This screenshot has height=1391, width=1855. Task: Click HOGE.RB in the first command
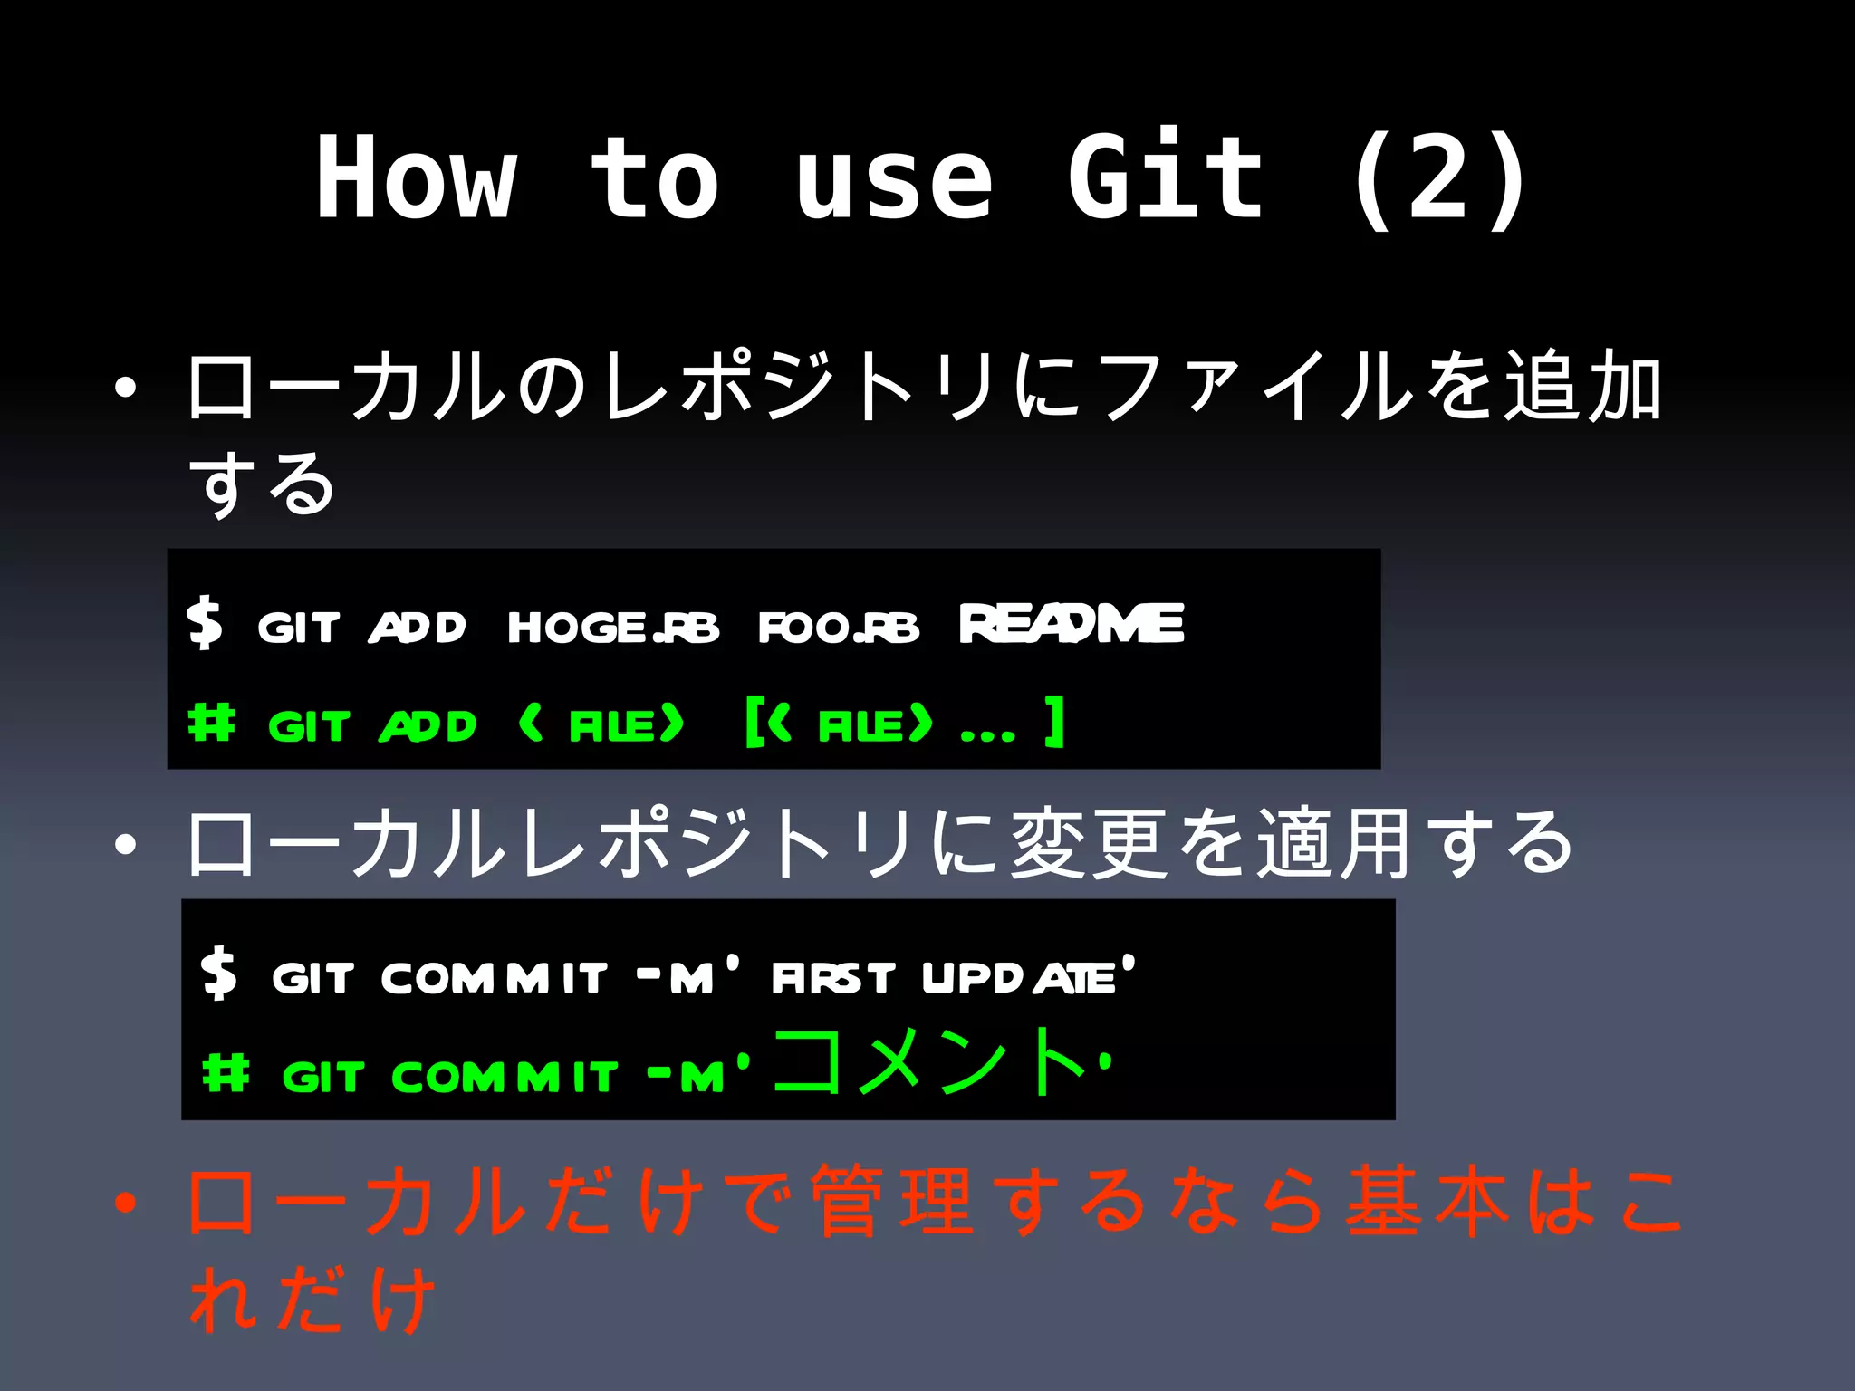(x=613, y=627)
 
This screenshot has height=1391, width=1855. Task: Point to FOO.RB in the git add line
(x=838, y=627)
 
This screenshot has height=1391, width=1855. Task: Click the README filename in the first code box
(x=1072, y=624)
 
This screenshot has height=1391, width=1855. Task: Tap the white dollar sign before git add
(x=205, y=623)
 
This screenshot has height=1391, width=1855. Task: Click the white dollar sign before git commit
(x=219, y=974)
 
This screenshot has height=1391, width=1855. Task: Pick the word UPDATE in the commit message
(x=1019, y=978)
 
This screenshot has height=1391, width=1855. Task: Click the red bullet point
(x=126, y=1204)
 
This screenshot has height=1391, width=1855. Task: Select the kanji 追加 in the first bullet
(x=1583, y=387)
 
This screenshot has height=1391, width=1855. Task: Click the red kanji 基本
(x=1427, y=1203)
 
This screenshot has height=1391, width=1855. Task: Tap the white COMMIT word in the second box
(x=494, y=978)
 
